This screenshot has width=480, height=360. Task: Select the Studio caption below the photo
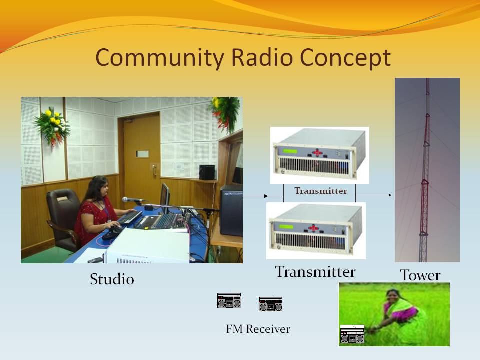tap(112, 279)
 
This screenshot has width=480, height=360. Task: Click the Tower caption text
tap(420, 275)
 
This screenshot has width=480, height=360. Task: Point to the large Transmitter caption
tap(315, 272)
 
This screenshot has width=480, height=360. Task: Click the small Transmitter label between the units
tap(321, 191)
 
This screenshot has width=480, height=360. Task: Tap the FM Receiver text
tap(258, 329)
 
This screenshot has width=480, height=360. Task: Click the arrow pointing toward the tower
tap(374, 195)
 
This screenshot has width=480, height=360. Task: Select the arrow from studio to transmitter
tap(255, 196)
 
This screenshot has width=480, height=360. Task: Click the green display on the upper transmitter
tap(290, 151)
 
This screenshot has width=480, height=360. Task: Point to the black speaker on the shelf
tap(207, 172)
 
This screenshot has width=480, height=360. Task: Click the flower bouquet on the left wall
tap(52, 126)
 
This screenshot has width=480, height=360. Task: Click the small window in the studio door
tap(142, 154)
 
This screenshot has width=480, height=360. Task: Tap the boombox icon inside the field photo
tap(352, 334)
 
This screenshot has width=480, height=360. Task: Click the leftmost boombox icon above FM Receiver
tap(229, 300)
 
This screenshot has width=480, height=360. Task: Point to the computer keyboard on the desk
tap(129, 217)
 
